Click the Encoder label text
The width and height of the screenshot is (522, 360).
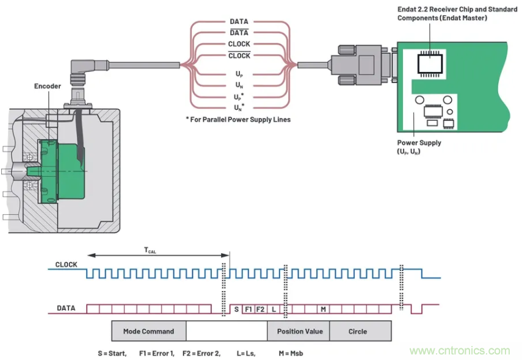tap(47, 87)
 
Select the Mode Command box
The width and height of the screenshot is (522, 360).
tap(148, 331)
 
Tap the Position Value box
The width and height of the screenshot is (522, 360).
tap(299, 331)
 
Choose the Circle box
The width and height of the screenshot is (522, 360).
tap(358, 331)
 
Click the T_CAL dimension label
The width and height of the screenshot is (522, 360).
tap(150, 250)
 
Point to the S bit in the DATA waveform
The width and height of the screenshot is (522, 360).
tap(236, 309)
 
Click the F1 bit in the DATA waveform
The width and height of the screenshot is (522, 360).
tap(248, 309)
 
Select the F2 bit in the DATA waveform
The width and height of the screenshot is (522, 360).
tap(260, 309)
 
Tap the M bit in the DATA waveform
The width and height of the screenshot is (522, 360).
tap(323, 309)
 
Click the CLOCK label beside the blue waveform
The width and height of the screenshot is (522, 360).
tap(66, 265)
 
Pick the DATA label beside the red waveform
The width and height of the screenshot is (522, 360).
tap(66, 309)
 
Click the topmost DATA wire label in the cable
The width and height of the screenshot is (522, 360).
tap(239, 21)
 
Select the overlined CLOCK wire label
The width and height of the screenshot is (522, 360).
tap(239, 56)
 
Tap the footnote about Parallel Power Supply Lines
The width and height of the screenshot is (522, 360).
tap(238, 120)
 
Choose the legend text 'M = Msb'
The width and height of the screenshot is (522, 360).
tap(291, 353)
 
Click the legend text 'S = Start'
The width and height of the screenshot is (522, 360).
tap(112, 353)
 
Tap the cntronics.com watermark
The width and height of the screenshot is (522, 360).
tap(460, 351)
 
